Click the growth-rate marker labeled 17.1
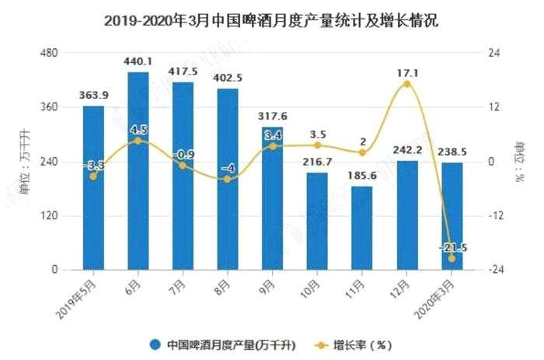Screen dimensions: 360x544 [406, 84]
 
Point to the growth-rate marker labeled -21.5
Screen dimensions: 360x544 [452, 258]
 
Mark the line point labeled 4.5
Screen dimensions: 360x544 [138, 141]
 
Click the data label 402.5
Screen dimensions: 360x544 [228, 78]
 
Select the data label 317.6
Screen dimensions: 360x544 [272, 117]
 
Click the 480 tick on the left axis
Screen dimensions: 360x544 [49, 53]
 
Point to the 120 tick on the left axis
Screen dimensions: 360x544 [49, 215]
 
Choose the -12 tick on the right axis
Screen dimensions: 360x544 [494, 215]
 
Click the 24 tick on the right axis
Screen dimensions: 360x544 [492, 53]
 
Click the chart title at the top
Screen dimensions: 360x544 [271, 21]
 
